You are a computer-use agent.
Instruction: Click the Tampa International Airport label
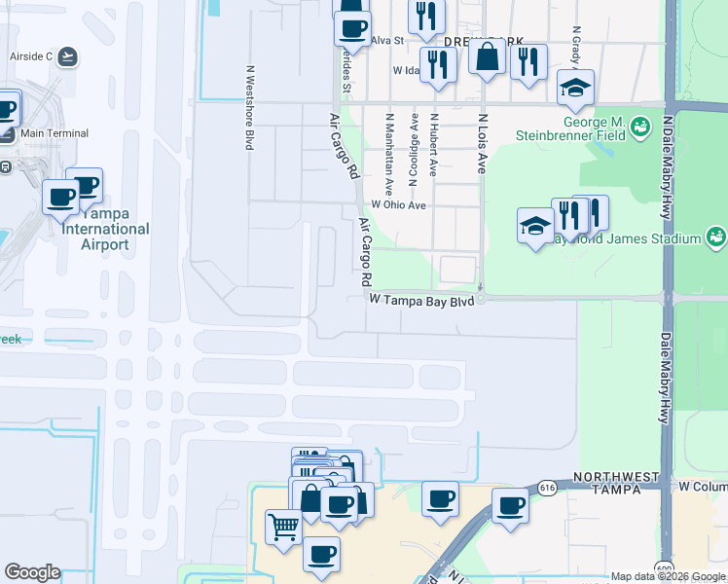click(105, 229)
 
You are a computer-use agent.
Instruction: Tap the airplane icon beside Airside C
click(67, 56)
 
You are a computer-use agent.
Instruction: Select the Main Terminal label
click(54, 133)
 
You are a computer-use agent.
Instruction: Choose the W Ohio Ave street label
click(399, 205)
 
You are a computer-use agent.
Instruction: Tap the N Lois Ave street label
click(481, 143)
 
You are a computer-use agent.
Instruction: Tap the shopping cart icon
click(283, 528)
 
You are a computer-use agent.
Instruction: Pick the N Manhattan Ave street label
click(389, 149)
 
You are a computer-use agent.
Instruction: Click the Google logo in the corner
click(32, 573)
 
